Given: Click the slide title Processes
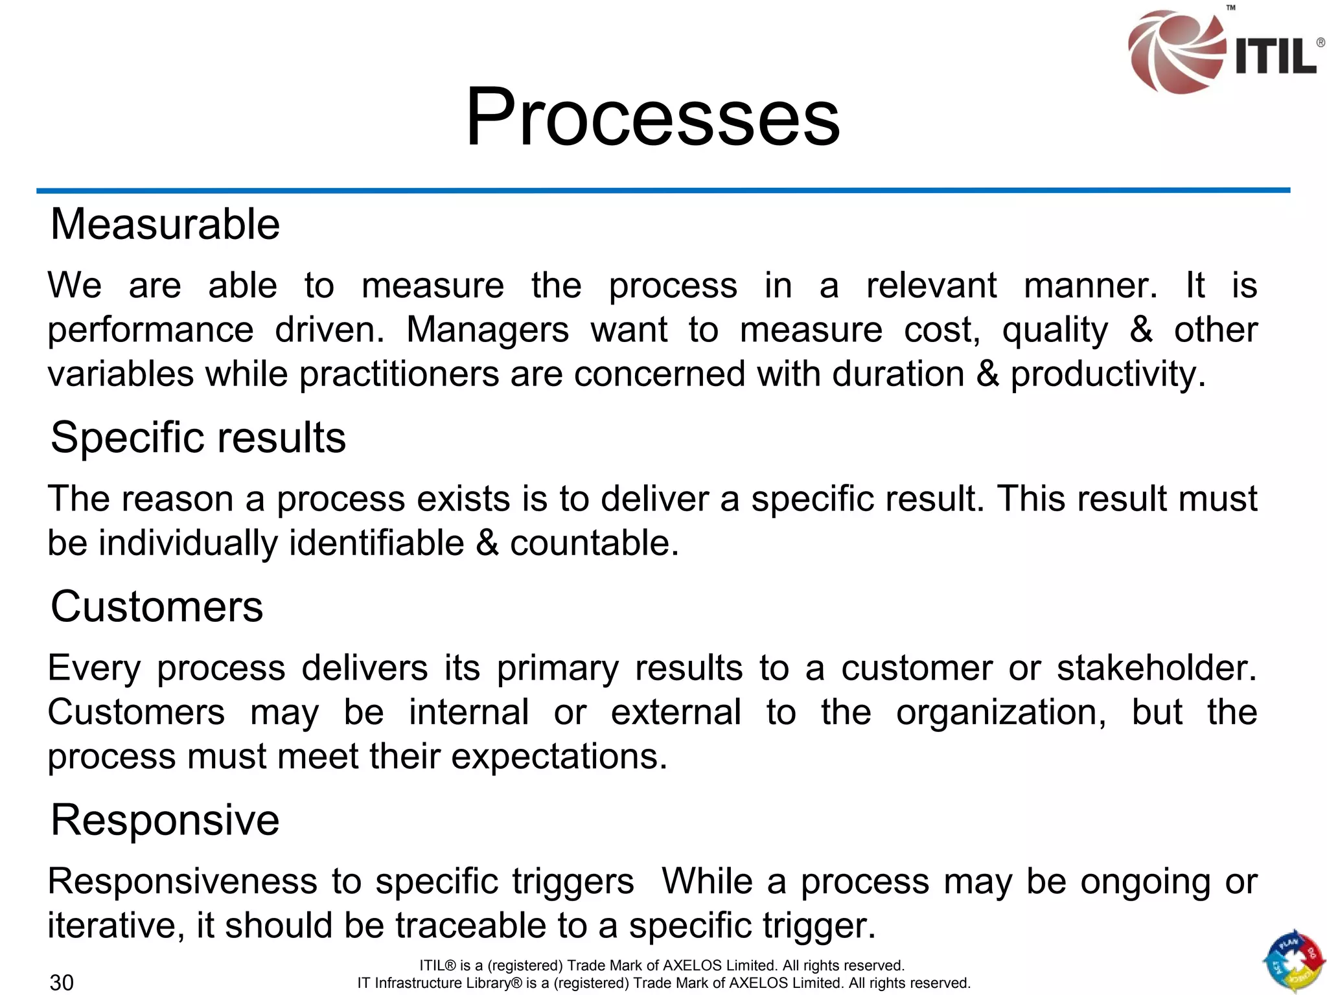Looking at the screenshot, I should [x=652, y=118].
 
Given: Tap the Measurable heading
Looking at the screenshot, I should [x=165, y=224].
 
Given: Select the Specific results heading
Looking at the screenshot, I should [x=198, y=437].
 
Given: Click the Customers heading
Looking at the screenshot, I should [x=157, y=607].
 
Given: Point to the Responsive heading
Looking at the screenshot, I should [x=165, y=820].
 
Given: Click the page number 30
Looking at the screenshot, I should [x=62, y=982].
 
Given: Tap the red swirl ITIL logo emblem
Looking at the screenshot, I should [x=1174, y=52].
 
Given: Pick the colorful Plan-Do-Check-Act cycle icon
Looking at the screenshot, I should [x=1293, y=961].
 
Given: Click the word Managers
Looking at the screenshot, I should [x=487, y=330].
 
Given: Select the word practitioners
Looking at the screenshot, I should [x=399, y=374].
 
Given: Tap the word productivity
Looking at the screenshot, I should [x=1108, y=374].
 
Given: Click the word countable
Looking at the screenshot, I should [x=594, y=543].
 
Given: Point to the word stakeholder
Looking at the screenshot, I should [x=1157, y=668].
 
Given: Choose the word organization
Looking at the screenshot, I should [x=1001, y=713].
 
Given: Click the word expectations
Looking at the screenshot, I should [x=559, y=757].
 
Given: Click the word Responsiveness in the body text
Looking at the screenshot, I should [x=182, y=882].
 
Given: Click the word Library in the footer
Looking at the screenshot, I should [x=479, y=983].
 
